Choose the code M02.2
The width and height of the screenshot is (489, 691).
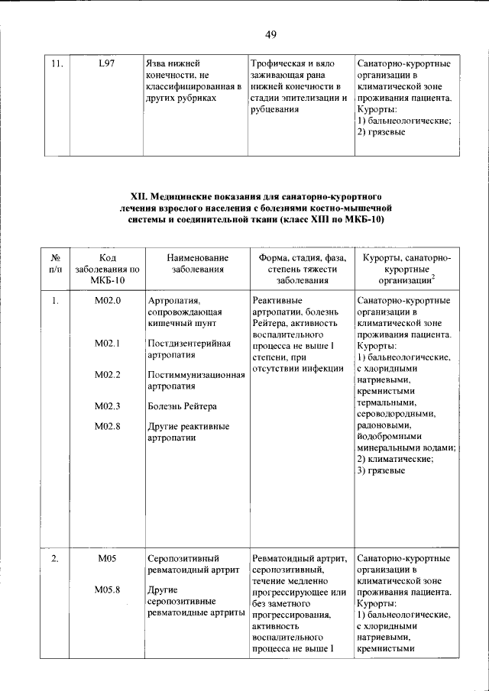point(108,374)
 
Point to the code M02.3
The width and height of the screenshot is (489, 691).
point(108,405)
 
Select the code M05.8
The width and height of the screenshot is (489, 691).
point(108,589)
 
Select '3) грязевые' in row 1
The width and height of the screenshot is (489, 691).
point(380,470)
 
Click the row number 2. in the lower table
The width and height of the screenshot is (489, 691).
point(55,559)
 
